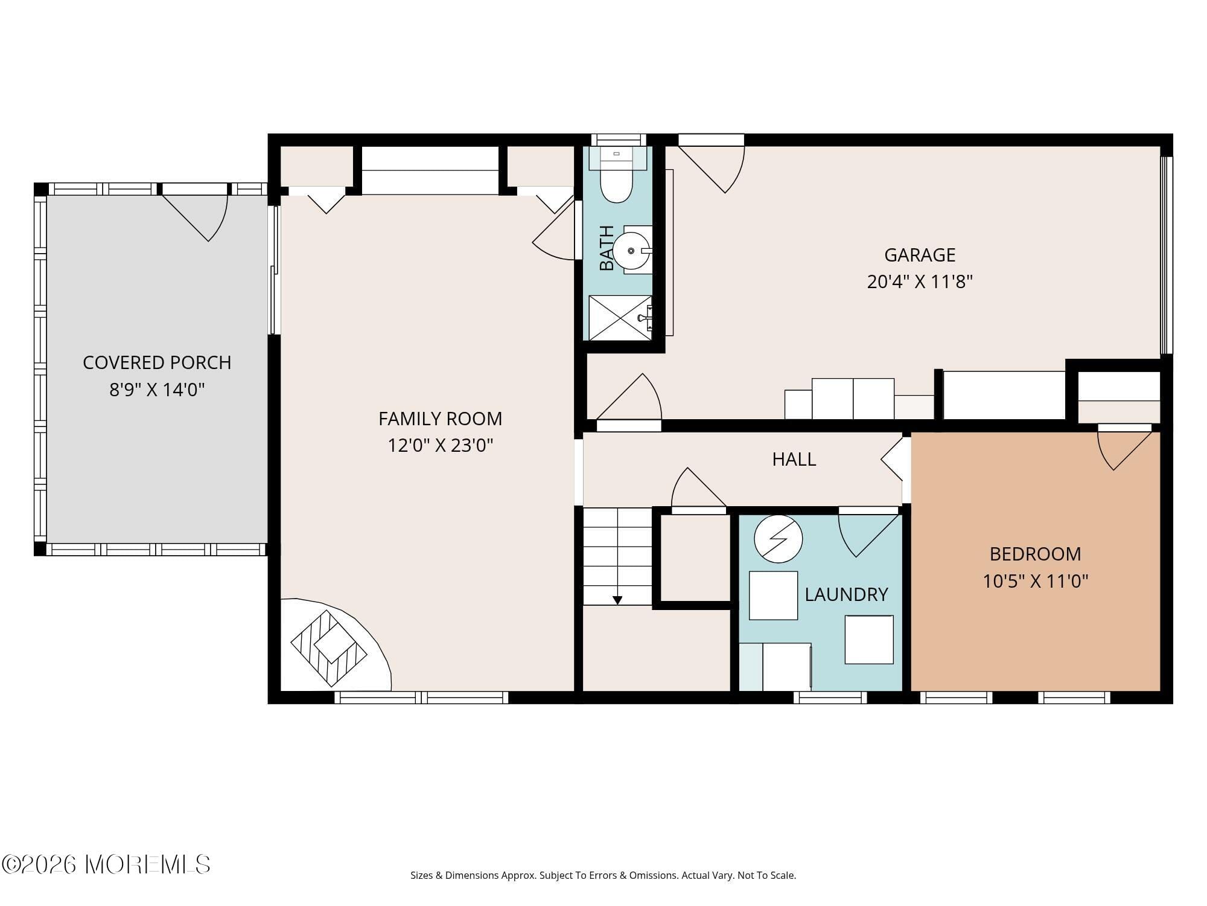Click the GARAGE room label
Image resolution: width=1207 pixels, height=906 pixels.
(920, 255)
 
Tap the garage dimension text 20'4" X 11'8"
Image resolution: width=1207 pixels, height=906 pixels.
(920, 282)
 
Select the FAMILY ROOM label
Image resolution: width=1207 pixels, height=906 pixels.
(440, 419)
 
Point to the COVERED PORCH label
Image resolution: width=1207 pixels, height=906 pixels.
(157, 362)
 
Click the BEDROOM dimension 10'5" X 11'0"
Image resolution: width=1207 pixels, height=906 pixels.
(1035, 581)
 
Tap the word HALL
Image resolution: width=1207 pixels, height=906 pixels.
(794, 460)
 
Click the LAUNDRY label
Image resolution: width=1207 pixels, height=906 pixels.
(846, 594)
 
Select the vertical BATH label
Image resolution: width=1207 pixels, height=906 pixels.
(607, 248)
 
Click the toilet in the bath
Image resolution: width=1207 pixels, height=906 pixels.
(616, 182)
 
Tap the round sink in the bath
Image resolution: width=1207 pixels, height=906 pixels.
(631, 250)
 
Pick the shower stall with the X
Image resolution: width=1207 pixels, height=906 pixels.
(620, 318)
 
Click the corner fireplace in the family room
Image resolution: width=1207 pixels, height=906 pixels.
(329, 647)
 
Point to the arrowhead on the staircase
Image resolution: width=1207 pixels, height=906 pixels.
(617, 600)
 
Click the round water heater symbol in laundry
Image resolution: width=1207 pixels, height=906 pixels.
(779, 539)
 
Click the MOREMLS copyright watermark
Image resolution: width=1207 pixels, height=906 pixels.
(106, 864)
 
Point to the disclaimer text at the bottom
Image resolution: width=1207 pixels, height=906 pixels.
(603, 875)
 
